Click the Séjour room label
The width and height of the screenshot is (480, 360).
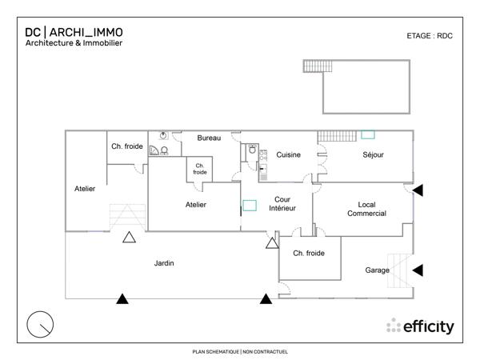pos(374,154)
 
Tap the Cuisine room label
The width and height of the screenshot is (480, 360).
pos(289,154)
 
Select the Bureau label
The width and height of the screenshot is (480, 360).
pos(209,138)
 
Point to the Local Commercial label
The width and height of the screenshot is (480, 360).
pos(366,209)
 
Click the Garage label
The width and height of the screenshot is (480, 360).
pos(377,270)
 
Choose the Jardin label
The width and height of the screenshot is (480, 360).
pos(166,263)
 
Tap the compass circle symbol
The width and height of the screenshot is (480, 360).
pos(40,324)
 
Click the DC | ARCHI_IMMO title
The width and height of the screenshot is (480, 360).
pos(74,32)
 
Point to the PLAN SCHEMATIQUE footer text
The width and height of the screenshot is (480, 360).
pos(240,351)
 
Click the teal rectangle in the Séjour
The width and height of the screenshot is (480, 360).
pos(368,135)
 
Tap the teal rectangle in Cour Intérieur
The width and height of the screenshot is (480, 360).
pos(250,205)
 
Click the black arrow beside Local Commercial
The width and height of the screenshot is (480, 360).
pos(418,190)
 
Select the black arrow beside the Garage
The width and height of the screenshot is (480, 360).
pos(418,270)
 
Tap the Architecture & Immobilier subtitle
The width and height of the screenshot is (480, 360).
pos(74,43)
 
